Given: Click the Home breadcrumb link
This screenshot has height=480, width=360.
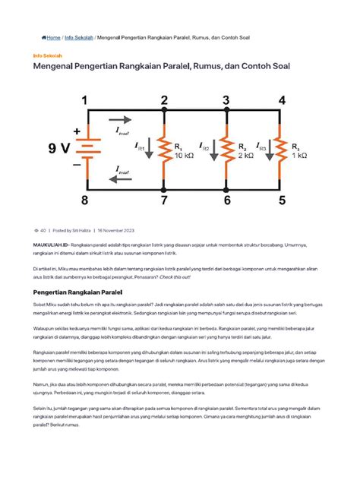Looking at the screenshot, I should [52, 36].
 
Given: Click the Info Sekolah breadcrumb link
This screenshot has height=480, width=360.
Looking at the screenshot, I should [80, 36].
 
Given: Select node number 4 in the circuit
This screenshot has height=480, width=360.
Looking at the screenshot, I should [283, 99].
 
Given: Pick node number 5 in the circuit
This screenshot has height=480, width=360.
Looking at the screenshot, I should [283, 201].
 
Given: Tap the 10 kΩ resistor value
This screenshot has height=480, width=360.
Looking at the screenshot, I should [185, 155].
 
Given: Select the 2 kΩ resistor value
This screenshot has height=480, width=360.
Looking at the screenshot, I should [245, 155].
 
